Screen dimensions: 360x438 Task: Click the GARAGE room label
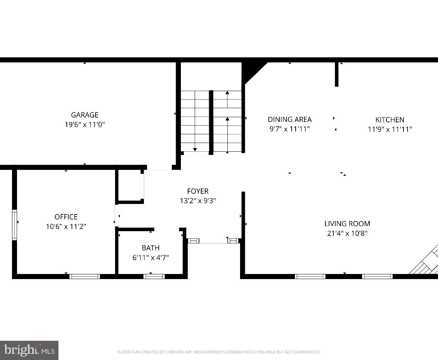point(85,115)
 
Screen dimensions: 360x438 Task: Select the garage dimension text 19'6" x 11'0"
point(85,124)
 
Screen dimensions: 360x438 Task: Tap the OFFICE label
point(66,217)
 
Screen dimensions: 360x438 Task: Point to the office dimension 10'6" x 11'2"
point(66,226)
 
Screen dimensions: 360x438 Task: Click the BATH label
point(150,248)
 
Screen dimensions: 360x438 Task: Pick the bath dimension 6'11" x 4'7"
point(150,258)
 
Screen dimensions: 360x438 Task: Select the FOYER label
point(198,191)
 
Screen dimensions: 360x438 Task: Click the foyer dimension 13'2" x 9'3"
point(198,201)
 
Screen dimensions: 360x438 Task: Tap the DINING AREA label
point(289,119)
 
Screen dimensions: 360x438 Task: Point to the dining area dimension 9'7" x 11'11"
point(289,129)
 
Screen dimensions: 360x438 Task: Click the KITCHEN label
point(390,120)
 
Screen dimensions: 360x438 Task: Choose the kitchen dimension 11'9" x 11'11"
point(390,129)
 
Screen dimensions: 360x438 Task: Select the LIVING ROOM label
point(347,224)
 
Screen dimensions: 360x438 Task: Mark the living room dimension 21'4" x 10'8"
point(347,233)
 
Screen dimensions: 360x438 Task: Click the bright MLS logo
point(29,350)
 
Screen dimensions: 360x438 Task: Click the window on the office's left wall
point(15,225)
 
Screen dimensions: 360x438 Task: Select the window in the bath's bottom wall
point(154,277)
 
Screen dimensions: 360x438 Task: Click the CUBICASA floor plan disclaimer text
point(219,352)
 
